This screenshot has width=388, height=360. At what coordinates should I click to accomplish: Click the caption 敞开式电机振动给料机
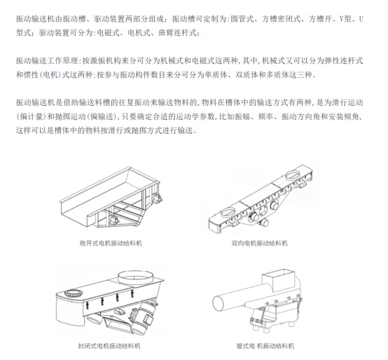point(111,243)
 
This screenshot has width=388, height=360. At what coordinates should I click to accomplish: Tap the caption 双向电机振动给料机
point(260,243)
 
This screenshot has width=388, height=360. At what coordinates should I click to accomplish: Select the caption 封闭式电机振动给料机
point(109,346)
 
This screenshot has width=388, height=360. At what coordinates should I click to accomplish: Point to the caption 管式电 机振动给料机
point(265,346)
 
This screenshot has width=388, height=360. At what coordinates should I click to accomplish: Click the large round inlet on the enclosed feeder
point(135,277)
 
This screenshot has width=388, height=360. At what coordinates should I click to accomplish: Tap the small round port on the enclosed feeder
point(74,293)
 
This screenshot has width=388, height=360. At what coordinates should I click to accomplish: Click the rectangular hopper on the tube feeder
point(279,279)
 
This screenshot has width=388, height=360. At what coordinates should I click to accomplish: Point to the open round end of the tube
point(219,303)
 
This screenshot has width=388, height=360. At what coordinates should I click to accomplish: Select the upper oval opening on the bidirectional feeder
point(293,175)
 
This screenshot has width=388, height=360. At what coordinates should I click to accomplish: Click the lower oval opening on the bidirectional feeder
point(228,212)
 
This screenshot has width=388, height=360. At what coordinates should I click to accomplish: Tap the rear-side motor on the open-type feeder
point(157,198)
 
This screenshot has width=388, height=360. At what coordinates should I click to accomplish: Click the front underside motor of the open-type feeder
point(113,220)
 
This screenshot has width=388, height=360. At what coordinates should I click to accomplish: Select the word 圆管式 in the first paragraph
point(242,19)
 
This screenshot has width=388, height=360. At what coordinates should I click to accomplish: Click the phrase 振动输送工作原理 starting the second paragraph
point(47,61)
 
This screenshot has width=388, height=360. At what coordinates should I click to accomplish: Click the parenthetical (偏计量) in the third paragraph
point(32,116)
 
